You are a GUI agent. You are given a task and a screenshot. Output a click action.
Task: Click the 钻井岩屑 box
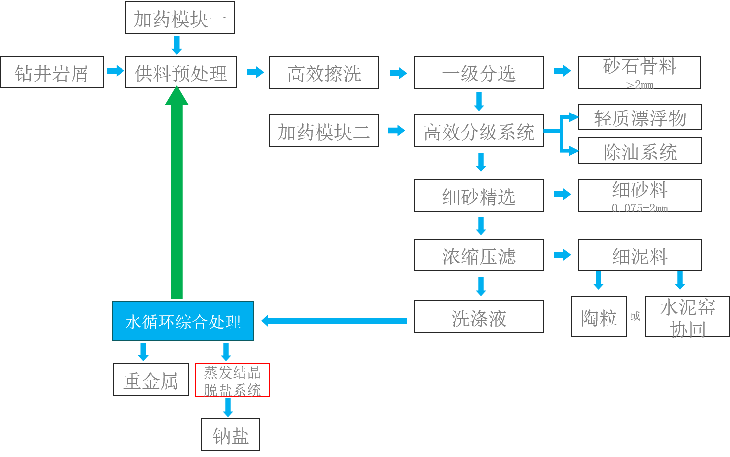52,72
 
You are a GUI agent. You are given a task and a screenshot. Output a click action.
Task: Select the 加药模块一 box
180,18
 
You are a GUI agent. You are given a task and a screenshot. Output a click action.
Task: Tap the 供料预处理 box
180,72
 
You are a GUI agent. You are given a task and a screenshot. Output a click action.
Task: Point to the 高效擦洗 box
324,73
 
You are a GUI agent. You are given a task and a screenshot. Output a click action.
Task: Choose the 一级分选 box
478,73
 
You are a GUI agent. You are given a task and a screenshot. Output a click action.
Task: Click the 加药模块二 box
324,131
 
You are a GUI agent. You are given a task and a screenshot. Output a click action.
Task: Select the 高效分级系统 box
478,131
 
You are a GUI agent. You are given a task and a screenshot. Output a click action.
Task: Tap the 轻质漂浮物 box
639,117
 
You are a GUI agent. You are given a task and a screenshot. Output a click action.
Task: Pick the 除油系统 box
639,151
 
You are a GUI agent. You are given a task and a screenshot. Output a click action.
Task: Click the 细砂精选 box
478,196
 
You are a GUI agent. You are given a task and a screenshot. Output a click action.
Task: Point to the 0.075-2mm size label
640,208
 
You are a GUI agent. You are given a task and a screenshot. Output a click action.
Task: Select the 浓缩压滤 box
478,255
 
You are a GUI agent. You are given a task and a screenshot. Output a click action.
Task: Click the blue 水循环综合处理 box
183,321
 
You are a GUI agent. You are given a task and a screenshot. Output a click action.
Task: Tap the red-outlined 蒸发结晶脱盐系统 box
232,380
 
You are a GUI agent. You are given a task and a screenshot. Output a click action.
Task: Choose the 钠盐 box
231,435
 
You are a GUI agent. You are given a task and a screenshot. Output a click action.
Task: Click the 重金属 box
150,380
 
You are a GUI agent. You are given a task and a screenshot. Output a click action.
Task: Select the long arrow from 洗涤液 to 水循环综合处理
334,321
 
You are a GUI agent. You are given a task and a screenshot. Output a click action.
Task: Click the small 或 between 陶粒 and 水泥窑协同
635,316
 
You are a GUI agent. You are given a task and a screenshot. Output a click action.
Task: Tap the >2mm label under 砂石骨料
640,85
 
